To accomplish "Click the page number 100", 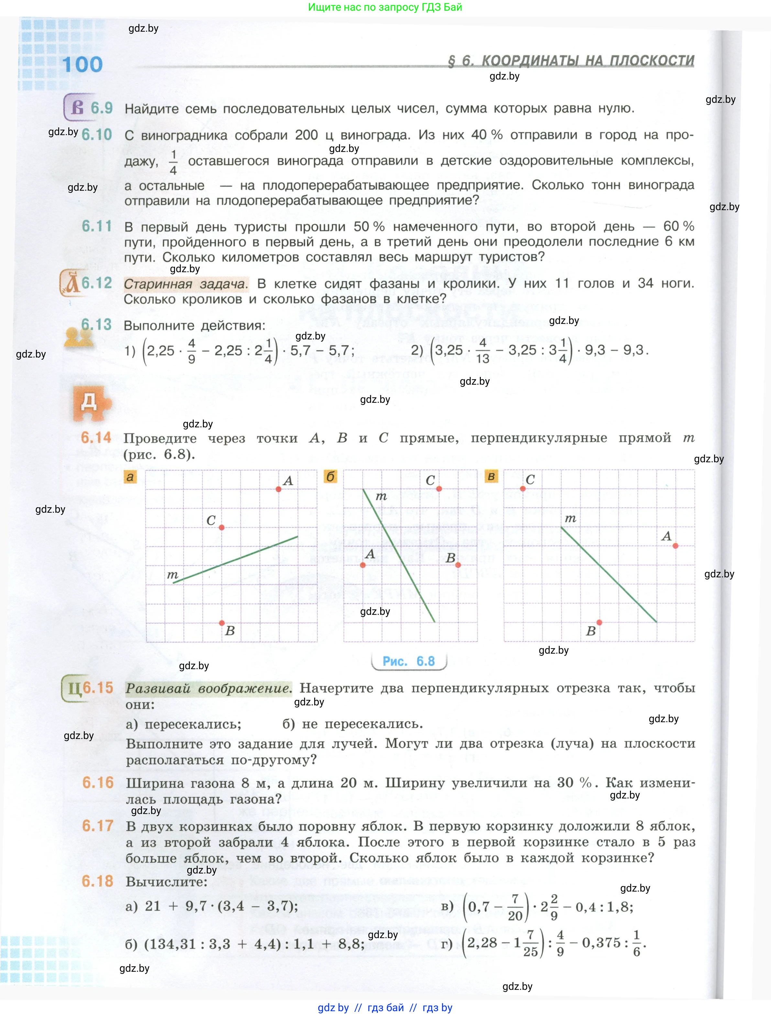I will coord(83,64).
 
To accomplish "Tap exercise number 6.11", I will coord(97,226).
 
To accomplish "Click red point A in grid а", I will coord(278,489).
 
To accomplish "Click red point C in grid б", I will coord(439,489).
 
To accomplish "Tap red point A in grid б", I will coord(363,565).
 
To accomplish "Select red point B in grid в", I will coord(599,623).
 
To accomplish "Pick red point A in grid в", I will coord(675,546).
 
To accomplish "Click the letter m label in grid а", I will coord(172,575).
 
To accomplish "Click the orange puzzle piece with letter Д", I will coord(91,403).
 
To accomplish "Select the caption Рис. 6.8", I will coord(409,661).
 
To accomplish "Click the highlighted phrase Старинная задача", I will coord(186,284).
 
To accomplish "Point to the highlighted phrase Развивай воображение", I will coord(208,688).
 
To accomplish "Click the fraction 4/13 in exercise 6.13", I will coord(483,350).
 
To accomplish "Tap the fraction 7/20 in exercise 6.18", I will coord(515,907).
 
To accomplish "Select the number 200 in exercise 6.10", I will coord(306,135).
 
